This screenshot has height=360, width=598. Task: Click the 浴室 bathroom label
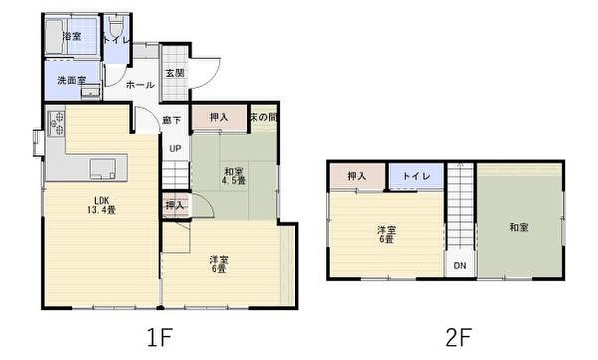(x=72, y=37)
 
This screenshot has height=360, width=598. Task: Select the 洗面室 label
(x=72, y=81)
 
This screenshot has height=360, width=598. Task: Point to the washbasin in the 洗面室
(x=91, y=92)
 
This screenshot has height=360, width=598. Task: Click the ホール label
(x=140, y=85)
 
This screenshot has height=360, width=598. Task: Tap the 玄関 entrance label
(x=175, y=73)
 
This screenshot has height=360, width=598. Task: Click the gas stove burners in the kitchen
(x=55, y=122)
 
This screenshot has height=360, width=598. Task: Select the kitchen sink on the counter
(x=103, y=168)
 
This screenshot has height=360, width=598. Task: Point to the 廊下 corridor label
(x=171, y=120)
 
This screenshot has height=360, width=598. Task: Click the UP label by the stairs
(x=175, y=148)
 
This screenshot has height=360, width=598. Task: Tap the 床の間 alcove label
(x=263, y=117)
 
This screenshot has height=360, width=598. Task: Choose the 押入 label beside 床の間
(x=220, y=117)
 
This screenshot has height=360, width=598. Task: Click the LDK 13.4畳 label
(x=102, y=205)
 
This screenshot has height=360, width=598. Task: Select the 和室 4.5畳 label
(x=234, y=176)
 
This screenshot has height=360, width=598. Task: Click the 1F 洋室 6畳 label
(x=219, y=264)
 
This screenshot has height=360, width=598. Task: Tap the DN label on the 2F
(x=460, y=265)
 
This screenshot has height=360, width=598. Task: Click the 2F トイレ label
(x=416, y=176)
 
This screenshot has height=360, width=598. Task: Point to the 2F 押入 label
(x=357, y=176)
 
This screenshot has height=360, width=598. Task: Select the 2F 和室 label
(x=519, y=227)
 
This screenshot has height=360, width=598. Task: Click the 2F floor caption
(x=459, y=337)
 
